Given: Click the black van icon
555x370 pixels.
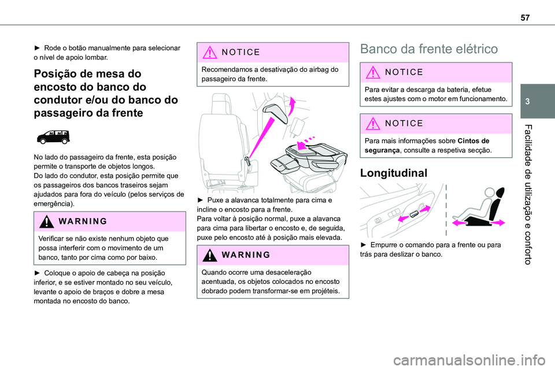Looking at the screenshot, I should (x=53, y=137).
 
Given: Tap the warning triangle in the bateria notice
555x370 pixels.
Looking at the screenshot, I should (x=368, y=73).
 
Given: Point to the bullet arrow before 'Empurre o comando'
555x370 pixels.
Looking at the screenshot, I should (x=363, y=245).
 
